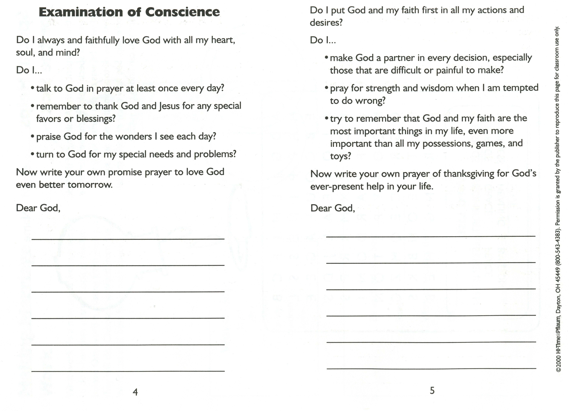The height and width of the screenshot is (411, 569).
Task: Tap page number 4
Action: tap(135, 392)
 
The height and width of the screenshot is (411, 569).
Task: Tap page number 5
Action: tap(432, 390)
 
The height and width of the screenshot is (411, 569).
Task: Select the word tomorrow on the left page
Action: tap(90, 185)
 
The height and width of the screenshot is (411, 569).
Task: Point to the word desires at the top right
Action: tap(326, 23)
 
